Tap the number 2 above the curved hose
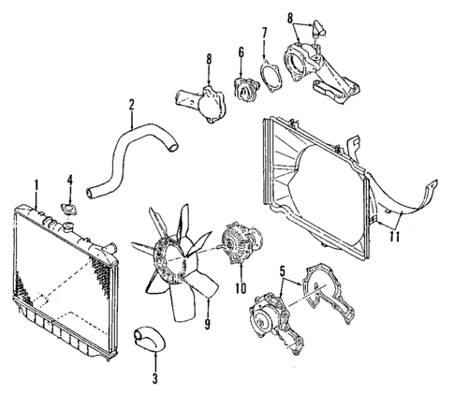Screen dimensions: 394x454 [131, 104]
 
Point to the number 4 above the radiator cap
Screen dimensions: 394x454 [69, 179]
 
